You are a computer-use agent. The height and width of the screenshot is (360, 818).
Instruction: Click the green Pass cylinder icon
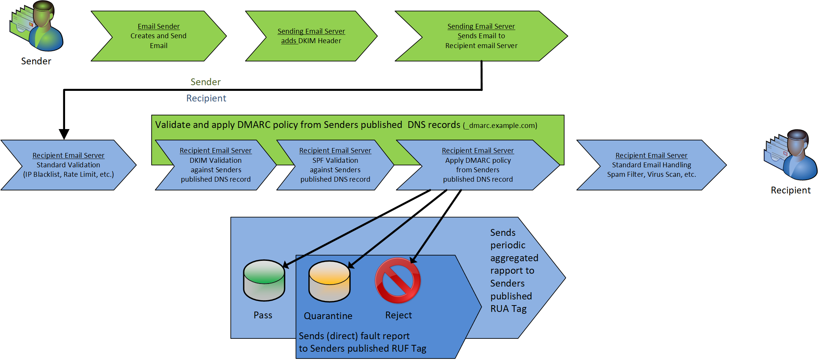(264, 281)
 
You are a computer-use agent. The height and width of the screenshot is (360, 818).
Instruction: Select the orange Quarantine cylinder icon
(330, 281)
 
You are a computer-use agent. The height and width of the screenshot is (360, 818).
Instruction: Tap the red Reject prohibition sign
(398, 281)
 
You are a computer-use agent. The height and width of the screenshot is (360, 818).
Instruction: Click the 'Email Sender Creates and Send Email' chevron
(159, 36)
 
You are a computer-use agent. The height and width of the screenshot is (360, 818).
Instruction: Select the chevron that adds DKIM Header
(311, 36)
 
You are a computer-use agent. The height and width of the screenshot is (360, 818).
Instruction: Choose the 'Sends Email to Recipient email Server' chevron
(481, 36)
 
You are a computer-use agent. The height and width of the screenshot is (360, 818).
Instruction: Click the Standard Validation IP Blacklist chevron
(68, 165)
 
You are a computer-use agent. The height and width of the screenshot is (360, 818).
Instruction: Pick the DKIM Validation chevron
(216, 165)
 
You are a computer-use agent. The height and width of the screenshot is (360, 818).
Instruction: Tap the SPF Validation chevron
(335, 165)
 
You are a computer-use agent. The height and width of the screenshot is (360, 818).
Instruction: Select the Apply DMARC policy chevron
(478, 165)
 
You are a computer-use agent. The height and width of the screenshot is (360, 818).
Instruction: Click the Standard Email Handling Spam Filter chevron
(651, 165)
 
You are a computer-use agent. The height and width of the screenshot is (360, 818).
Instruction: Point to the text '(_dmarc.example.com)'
(500, 126)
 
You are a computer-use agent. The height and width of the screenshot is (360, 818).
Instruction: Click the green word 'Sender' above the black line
(205, 82)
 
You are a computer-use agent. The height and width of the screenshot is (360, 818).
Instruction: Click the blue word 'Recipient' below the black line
(206, 98)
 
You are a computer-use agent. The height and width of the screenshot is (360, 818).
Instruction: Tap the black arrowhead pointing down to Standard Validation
(64, 134)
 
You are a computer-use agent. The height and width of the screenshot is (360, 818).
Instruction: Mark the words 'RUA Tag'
(509, 309)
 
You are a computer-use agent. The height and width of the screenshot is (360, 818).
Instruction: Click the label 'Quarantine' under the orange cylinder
(328, 316)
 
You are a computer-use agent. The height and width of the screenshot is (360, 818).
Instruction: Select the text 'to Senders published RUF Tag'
(362, 348)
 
